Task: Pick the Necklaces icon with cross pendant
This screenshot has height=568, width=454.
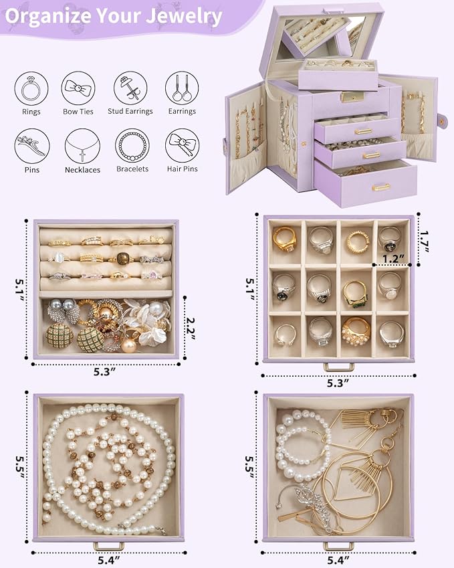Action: coord(79,145)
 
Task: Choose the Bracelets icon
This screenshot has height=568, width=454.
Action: coord(130,145)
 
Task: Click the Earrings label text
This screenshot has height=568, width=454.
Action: coord(182,111)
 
